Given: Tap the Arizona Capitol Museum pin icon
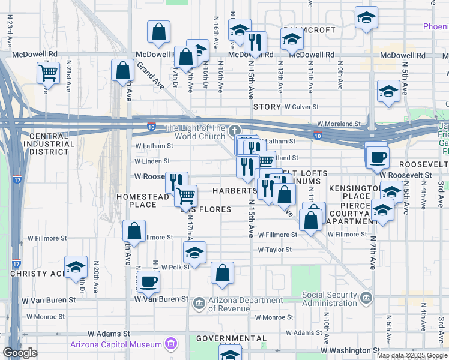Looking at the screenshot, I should [x=172, y=344].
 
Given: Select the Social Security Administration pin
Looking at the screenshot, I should [x=366, y=298].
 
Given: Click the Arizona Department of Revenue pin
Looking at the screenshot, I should [x=199, y=304].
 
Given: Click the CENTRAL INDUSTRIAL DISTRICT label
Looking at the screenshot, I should [x=49, y=144].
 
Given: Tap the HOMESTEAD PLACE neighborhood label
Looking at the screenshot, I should [x=143, y=200].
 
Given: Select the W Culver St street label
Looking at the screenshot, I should [x=304, y=107].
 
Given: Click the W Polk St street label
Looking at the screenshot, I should [x=175, y=266].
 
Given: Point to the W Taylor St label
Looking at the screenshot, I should [x=275, y=250].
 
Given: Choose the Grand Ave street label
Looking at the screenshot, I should [x=148, y=75].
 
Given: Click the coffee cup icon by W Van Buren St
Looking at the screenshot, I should [x=148, y=281].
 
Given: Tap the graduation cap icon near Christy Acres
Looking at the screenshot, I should [x=76, y=267].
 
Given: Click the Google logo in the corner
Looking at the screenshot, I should [x=20, y=353].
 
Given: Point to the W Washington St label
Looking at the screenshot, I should [x=350, y=350].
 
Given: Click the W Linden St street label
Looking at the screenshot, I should [x=152, y=161].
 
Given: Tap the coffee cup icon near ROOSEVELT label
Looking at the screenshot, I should [x=376, y=157].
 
